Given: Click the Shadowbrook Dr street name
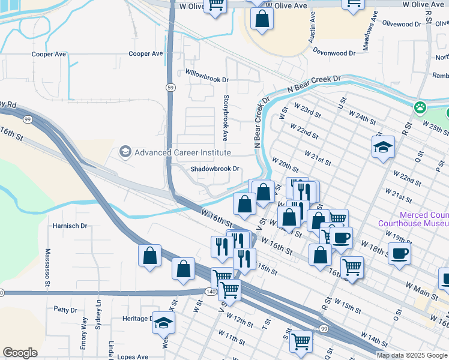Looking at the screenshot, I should [x=215, y=169].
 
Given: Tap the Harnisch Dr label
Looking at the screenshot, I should [x=70, y=226].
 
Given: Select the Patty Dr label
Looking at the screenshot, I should [x=65, y=310].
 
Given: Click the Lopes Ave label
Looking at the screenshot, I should [x=133, y=356].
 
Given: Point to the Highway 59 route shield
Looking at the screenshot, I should [x=171, y=88].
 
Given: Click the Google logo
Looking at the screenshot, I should [x=20, y=353].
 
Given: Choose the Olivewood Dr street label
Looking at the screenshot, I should [x=402, y=24].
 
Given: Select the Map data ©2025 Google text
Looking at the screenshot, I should [x=411, y=355].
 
